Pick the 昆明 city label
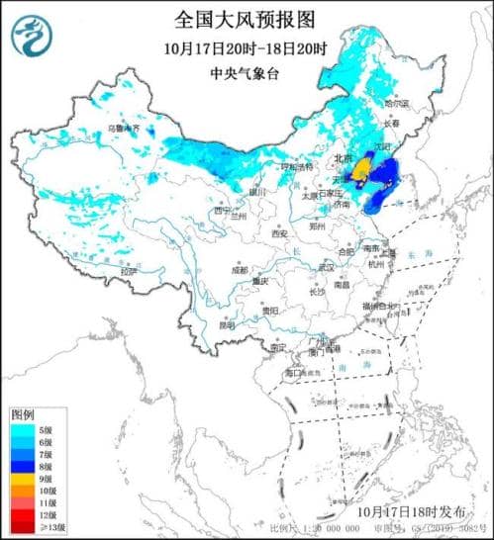click(x=228, y=324)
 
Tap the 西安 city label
click(x=278, y=233)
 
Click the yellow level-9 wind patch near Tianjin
click(x=362, y=173)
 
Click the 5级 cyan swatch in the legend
click(x=20, y=426)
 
